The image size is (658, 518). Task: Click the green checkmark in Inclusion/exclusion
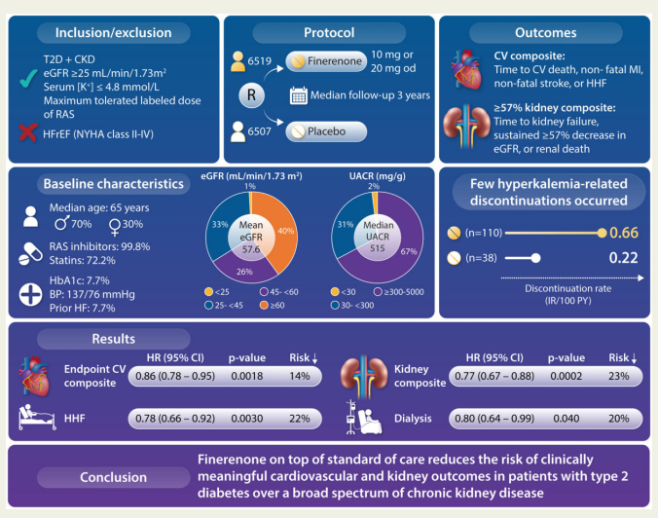[x=27, y=91]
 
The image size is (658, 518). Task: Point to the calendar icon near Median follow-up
[x=300, y=95]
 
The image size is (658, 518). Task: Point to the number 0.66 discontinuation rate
[x=623, y=234]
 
